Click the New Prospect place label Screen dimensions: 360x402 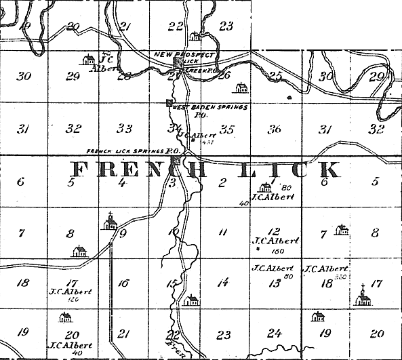coord(184,54)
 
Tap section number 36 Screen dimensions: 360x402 coord(275,129)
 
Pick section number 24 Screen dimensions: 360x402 coord(275,332)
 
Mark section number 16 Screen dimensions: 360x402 coord(123,284)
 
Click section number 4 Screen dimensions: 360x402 coord(123,182)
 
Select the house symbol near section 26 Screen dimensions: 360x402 coord(241,87)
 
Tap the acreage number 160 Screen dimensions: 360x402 coord(275,250)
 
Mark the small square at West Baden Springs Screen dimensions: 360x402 coord(169,103)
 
